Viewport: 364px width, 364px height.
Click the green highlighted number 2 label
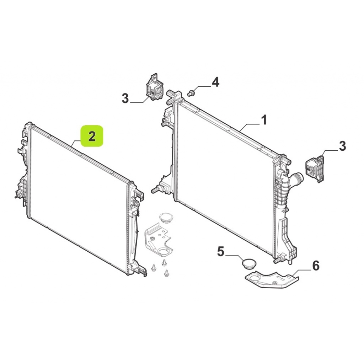92,136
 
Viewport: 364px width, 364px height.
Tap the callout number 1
264,120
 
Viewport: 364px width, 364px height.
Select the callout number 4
215,82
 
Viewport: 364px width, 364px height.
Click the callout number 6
316,266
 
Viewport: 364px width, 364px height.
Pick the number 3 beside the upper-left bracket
125,98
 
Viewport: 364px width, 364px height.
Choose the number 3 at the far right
342,146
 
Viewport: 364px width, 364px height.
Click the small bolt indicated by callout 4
192,93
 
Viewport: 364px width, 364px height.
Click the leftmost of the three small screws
154,268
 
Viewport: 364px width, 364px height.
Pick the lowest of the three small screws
166,273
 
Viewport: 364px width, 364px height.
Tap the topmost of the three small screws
164,262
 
